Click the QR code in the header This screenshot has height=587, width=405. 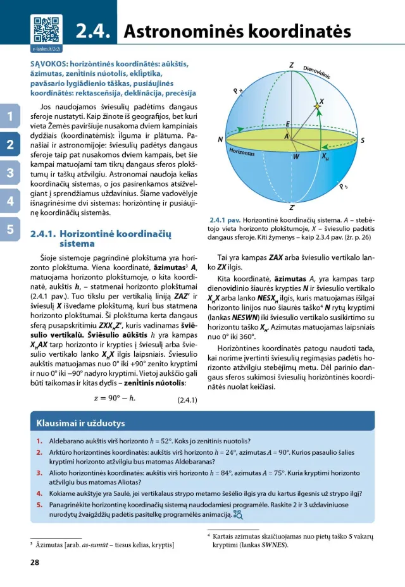(44, 28)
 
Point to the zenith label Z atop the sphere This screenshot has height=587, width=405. (292, 66)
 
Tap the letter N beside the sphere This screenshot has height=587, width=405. (220, 140)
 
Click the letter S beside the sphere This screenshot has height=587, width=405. (363, 140)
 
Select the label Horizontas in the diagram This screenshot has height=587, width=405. (242, 153)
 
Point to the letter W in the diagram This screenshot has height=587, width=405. (296, 156)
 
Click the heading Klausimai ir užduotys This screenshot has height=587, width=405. (80, 423)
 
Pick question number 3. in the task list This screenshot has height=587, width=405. (39, 472)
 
